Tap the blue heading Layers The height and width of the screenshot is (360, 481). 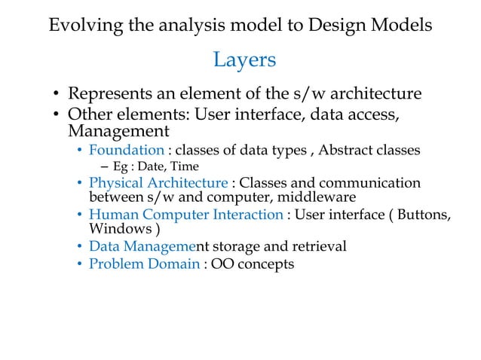pos(244,59)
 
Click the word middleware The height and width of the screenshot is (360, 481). pos(308,197)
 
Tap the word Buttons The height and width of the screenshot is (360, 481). pos(421,215)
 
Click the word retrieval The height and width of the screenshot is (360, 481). pos(318,247)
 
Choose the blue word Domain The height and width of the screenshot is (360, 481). pos(173,264)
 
